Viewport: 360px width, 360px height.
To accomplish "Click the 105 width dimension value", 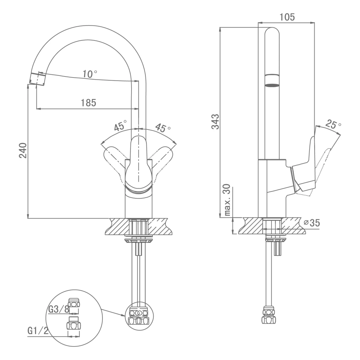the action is coord(287,17).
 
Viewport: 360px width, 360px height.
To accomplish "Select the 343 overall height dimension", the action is coord(215,122).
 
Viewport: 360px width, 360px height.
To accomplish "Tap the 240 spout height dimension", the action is coord(23,150).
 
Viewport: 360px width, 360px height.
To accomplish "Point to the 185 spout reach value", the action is coord(88,102).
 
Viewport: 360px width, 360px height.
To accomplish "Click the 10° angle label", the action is coord(90,74).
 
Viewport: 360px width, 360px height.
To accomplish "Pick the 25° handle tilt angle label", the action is coord(333,124).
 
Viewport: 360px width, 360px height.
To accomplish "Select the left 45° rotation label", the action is coord(120,125).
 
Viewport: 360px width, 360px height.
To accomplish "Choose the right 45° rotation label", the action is coord(163,128).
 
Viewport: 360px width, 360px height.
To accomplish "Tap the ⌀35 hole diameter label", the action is coord(312,223).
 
